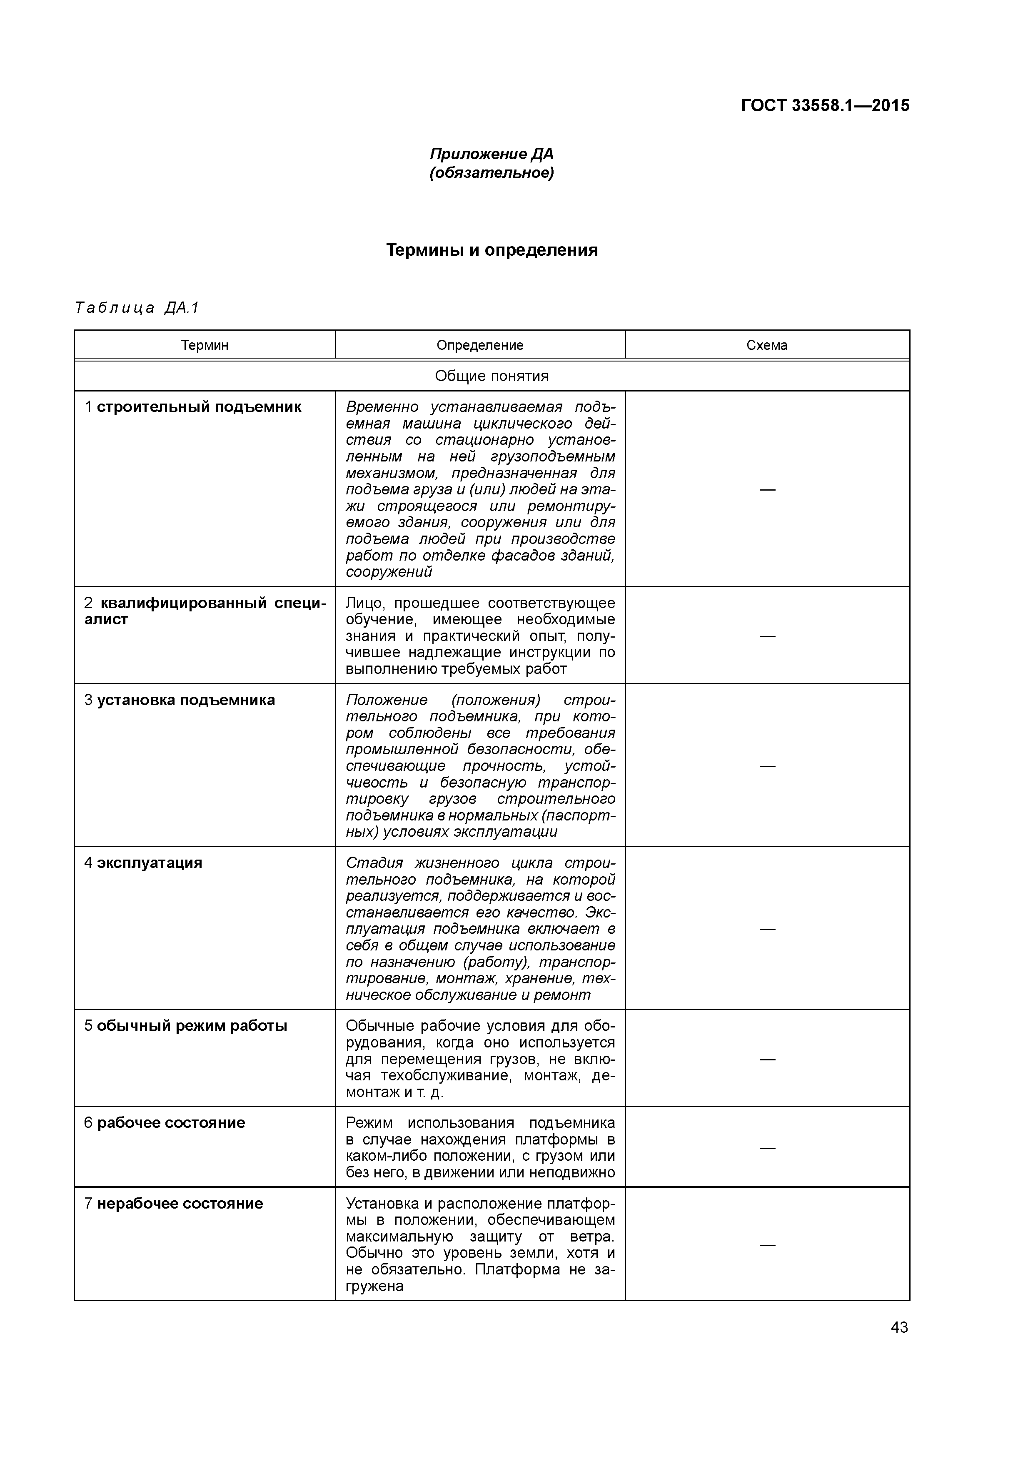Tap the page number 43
coord(899,1327)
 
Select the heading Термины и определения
coord(492,250)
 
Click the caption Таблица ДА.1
coord(137,308)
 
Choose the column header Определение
coord(480,346)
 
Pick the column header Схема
coord(767,346)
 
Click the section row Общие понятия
coord(492,376)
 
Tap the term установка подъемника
coord(186,700)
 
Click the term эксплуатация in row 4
coord(150,863)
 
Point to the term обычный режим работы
coord(192,1026)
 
